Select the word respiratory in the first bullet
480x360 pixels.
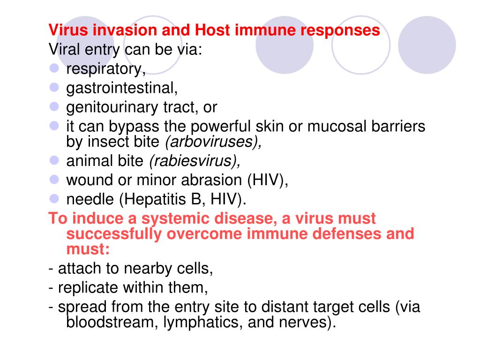coord(105,69)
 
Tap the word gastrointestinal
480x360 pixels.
coord(121,88)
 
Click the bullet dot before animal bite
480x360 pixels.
coord(54,160)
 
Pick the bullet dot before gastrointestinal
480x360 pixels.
coord(54,87)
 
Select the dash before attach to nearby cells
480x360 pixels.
coord(51,269)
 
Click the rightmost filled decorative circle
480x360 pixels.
coord(427,45)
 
